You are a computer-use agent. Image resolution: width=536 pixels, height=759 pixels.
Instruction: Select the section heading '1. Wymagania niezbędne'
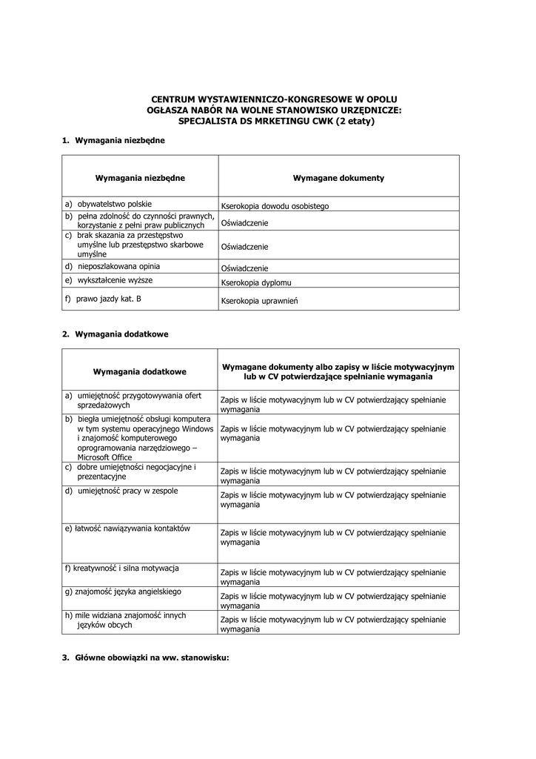[113, 139]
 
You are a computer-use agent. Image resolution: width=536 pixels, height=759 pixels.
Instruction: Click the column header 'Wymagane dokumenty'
[338, 178]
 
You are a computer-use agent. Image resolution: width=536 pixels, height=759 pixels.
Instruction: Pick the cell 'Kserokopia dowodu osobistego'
[275, 206]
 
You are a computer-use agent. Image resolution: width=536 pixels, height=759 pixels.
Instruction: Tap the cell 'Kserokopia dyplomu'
[256, 283]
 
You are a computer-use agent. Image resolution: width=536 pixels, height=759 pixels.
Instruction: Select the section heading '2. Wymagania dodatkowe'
[115, 334]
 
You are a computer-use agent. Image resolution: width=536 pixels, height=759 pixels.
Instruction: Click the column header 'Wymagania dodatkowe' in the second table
[140, 371]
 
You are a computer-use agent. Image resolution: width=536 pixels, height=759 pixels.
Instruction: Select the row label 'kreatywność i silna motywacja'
[121, 569]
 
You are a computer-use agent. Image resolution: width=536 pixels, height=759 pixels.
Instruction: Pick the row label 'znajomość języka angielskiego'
[122, 591]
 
